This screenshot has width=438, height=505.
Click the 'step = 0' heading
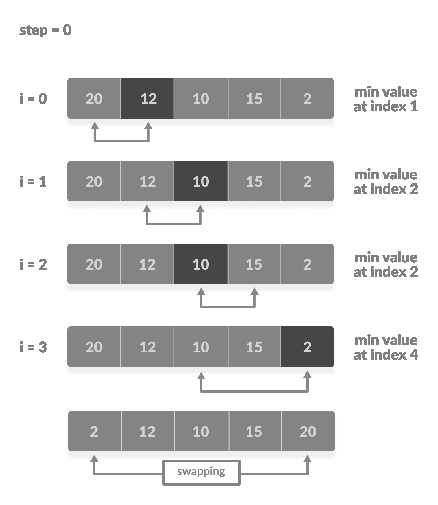coord(45,30)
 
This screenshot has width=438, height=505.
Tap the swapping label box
coord(202,472)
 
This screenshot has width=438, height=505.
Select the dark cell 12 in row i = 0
coord(147,98)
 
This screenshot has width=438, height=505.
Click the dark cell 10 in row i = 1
coord(201,181)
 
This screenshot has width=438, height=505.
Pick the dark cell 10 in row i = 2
coord(201,264)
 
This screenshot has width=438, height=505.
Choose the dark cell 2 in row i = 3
coord(307,347)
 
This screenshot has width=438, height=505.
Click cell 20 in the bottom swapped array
coord(308,431)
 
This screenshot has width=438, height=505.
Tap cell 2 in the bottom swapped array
coord(94,431)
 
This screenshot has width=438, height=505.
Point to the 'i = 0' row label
coord(33,99)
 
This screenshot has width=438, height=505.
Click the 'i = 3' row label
coord(33,347)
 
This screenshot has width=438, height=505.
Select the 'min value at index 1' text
coord(386,99)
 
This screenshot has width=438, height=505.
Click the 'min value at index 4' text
coord(386,347)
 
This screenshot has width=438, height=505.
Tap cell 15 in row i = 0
coord(254,98)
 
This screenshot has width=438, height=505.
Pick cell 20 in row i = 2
coord(94,264)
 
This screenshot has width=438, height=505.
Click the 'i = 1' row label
coord(33,181)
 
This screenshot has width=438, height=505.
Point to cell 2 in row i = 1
coord(307,181)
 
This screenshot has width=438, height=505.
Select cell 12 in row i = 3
coord(147,347)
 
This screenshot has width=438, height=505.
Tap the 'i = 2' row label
coord(33,264)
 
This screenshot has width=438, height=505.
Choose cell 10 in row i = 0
coord(201,98)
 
